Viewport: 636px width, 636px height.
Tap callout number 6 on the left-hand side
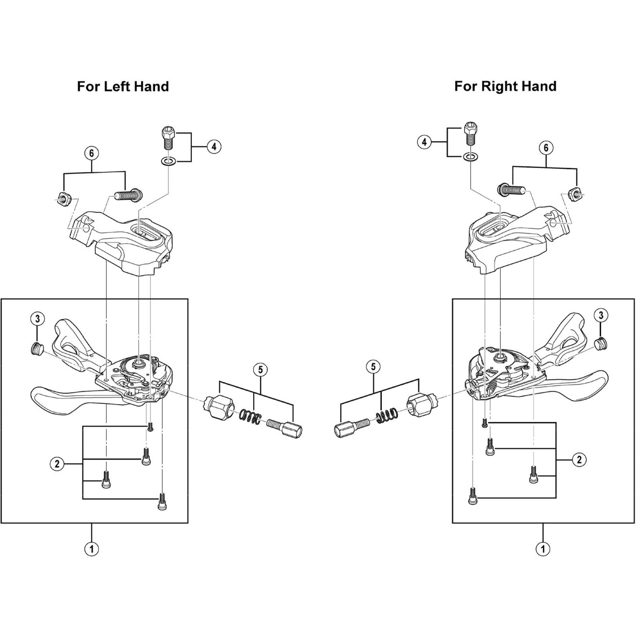coord(92,153)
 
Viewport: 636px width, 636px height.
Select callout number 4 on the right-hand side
coord(424,142)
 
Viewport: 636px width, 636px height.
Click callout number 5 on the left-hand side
coord(260,370)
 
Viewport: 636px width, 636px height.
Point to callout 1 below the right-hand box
coord(543,549)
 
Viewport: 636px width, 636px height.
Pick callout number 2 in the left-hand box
coord(57,464)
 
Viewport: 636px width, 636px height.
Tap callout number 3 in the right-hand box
coord(601,315)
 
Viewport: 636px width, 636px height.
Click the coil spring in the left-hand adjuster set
coord(250,417)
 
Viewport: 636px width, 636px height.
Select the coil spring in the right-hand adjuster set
coord(387,416)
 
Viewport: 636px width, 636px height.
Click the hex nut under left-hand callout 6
coord(62,198)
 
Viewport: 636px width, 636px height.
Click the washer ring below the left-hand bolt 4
coord(168,161)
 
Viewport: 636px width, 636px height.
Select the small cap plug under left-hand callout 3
coord(37,348)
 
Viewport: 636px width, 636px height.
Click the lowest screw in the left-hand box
coord(162,501)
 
